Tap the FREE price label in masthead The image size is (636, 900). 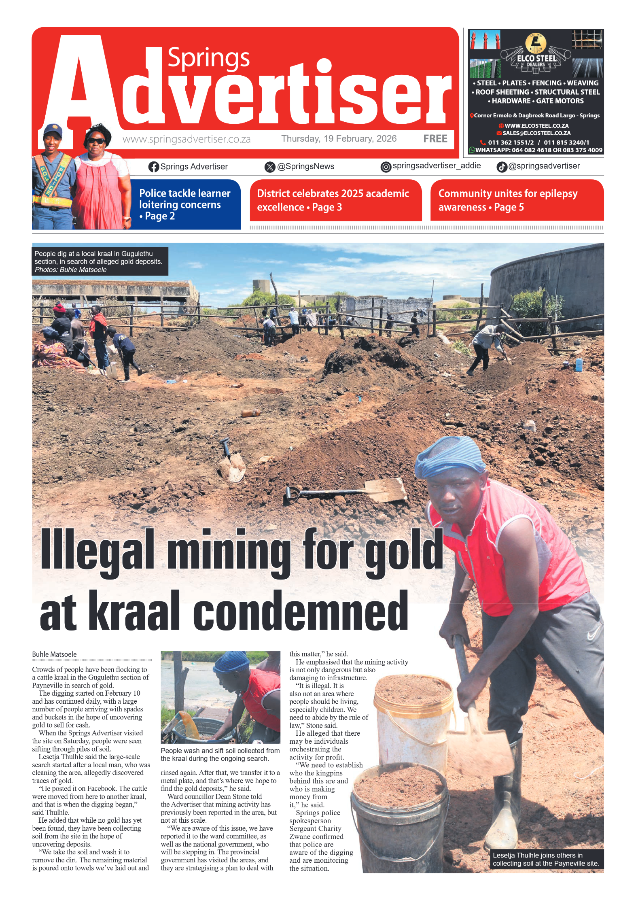[x=435, y=139]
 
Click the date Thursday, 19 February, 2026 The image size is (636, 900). [x=339, y=139]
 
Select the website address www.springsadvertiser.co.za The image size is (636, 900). [x=187, y=140]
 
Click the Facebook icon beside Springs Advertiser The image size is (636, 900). [x=153, y=167]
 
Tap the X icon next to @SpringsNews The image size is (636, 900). [x=269, y=167]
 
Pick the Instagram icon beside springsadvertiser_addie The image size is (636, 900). [x=386, y=167]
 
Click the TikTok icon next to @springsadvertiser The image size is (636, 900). [x=502, y=167]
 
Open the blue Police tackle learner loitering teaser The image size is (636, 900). [x=185, y=204]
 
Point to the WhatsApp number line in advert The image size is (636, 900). [x=536, y=150]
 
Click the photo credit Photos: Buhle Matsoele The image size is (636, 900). [x=71, y=270]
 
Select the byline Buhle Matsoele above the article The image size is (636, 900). [x=54, y=654]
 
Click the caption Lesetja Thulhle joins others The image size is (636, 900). [x=545, y=859]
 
